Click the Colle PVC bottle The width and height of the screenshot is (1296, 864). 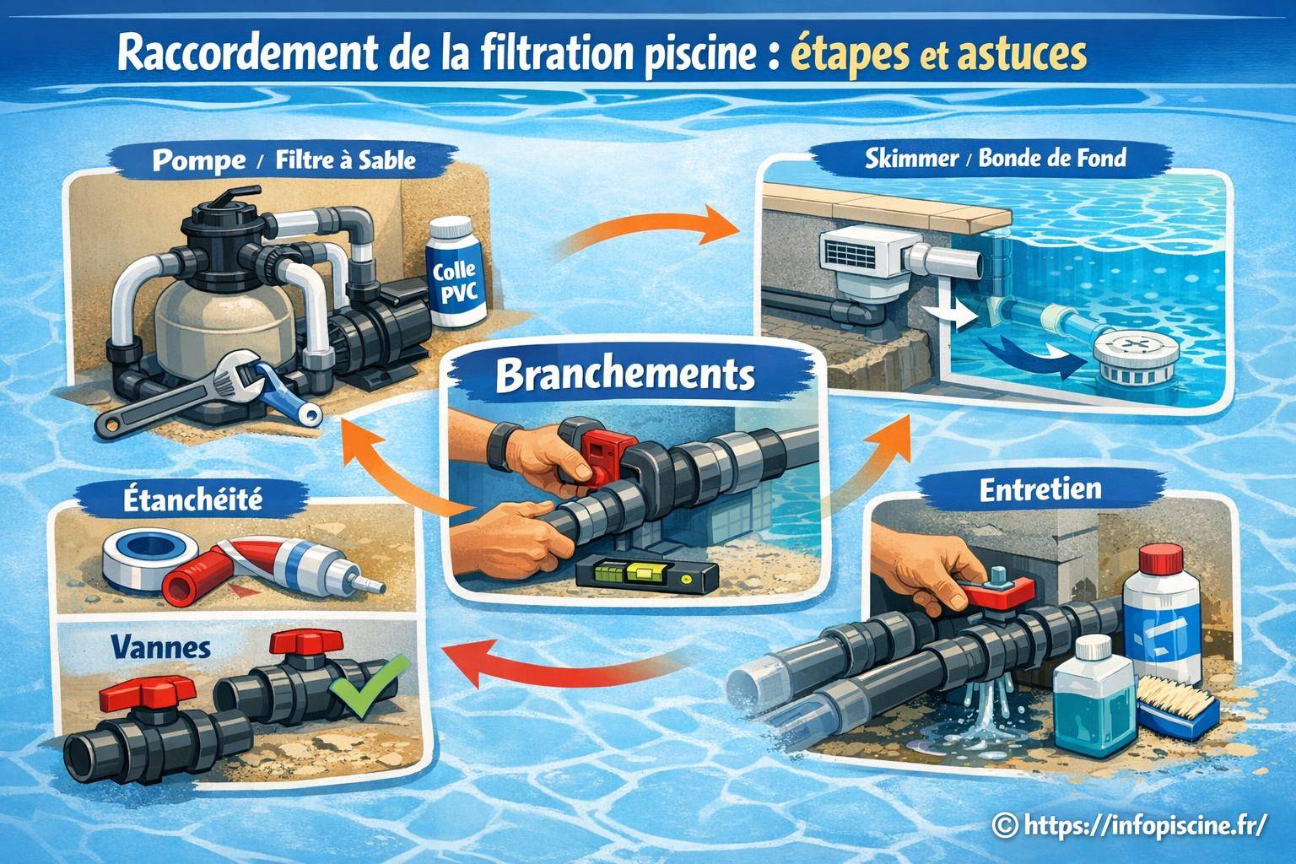(456, 275)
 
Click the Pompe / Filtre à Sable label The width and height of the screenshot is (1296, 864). (283, 160)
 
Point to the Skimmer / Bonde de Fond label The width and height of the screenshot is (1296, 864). (996, 158)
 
